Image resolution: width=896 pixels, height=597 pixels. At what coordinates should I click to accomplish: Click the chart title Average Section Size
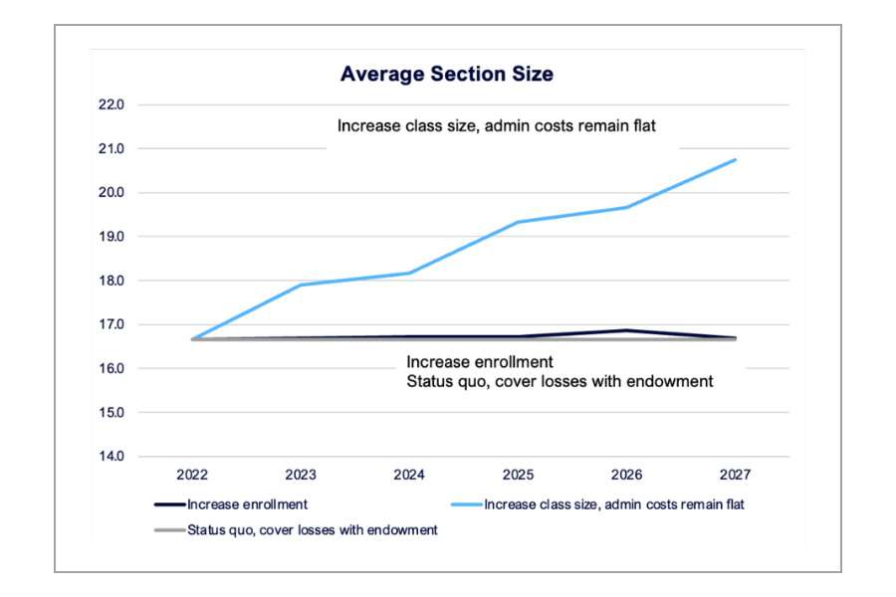[x=447, y=74]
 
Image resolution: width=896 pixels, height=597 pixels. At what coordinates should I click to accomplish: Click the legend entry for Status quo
[x=312, y=530]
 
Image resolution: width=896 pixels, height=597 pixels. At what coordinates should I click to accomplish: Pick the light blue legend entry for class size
[x=613, y=504]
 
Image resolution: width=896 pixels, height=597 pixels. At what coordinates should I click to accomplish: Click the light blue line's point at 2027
[x=735, y=159]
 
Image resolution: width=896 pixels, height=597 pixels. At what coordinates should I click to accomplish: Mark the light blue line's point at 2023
[x=301, y=286]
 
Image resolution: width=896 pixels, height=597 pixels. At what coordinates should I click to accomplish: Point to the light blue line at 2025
[x=518, y=222]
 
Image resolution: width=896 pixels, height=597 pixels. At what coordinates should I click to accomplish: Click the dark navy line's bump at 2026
[x=626, y=330]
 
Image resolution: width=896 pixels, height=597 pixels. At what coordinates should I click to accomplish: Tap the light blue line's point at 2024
[x=409, y=273]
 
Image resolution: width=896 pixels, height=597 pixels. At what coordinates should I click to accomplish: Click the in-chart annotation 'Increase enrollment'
[x=479, y=362]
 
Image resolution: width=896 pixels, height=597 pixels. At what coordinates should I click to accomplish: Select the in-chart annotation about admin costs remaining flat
[x=497, y=126]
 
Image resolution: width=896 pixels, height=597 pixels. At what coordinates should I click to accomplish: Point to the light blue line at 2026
[x=626, y=207]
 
